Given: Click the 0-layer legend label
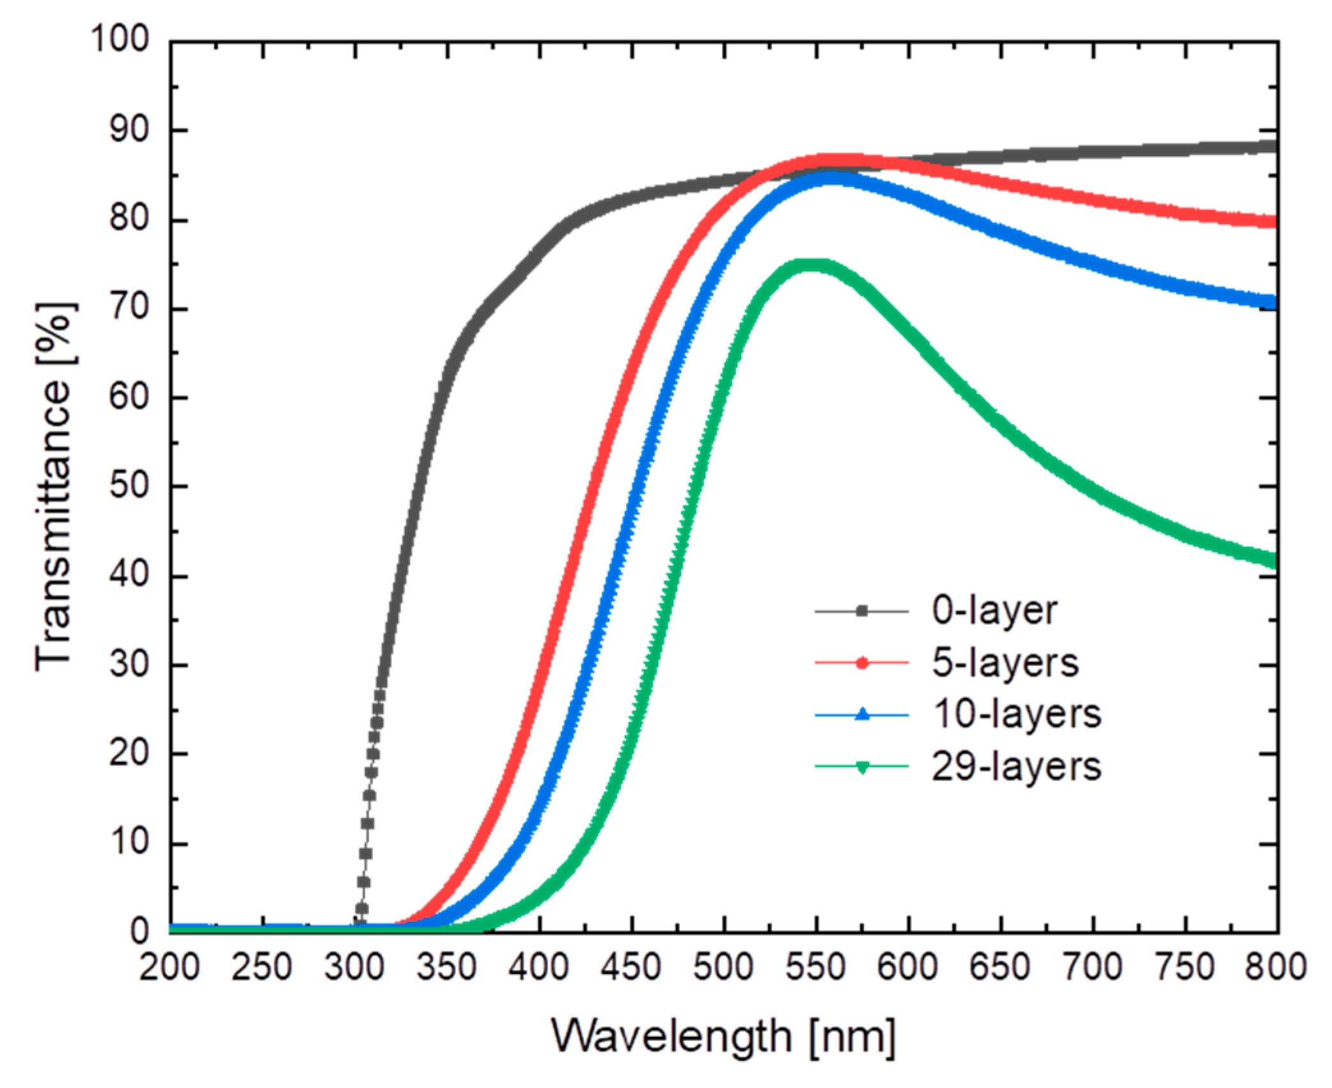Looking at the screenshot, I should [994, 611].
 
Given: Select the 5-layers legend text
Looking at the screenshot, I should [1005, 663].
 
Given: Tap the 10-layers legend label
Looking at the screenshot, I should [1017, 714].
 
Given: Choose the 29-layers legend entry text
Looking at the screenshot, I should [1016, 766].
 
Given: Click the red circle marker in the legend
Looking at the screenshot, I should [861, 663].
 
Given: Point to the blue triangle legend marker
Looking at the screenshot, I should [861, 714].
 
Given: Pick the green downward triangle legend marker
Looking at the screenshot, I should [861, 767].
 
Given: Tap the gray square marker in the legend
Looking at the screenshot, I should [861, 611].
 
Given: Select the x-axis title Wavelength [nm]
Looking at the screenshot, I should [723, 1036].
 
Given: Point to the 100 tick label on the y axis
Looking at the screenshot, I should [120, 39].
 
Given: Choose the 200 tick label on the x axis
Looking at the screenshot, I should [169, 967].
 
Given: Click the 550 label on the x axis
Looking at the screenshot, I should [816, 967].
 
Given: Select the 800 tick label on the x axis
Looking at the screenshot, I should [1275, 967].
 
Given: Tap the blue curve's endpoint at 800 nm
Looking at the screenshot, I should [1275, 302].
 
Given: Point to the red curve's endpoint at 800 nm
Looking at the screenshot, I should [1275, 222].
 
